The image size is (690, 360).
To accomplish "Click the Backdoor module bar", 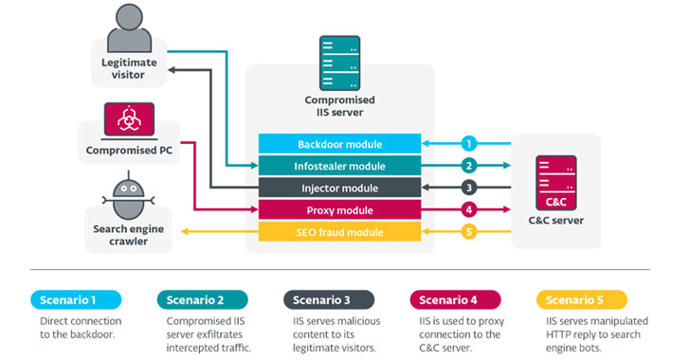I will [x=339, y=144].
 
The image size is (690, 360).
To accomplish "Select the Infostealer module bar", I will [x=339, y=166].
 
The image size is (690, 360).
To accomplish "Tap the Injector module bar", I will [x=339, y=188].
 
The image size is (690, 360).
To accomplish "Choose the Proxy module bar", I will [x=339, y=209].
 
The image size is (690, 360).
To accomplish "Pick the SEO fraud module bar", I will [x=339, y=232].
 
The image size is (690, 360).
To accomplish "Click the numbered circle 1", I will [x=467, y=144].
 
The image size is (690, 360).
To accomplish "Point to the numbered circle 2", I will [x=467, y=166].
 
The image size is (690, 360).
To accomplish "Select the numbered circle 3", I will [x=467, y=188].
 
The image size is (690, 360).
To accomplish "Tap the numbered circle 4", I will [x=467, y=209].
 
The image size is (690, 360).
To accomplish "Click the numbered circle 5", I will [x=467, y=232].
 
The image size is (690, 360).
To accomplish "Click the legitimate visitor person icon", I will [x=129, y=30].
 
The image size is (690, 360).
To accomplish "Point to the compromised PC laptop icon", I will [x=128, y=121].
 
